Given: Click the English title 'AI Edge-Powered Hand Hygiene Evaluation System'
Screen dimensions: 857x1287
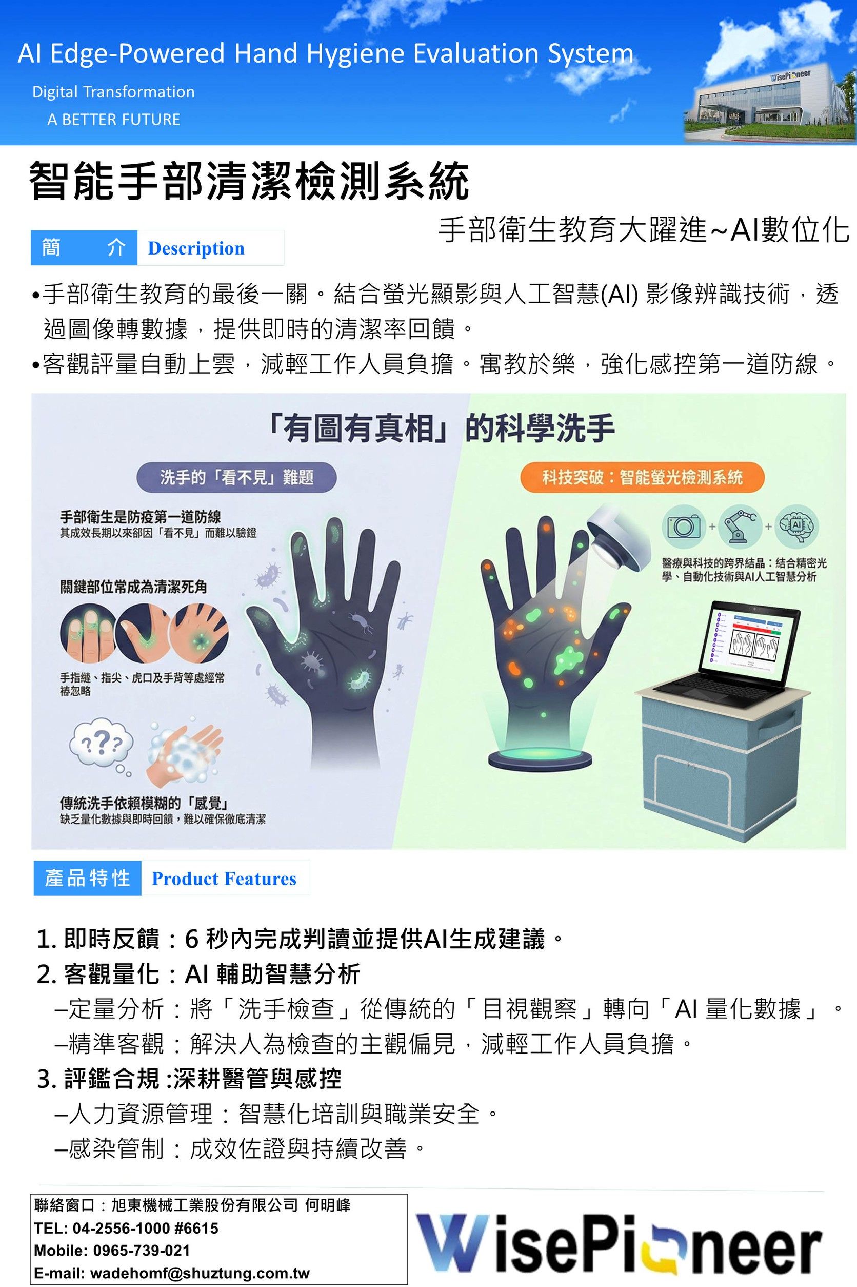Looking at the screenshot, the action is click(326, 54).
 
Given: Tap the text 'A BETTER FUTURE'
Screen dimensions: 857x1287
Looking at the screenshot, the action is click(114, 120).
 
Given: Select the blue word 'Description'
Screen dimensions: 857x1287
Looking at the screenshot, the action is click(196, 248).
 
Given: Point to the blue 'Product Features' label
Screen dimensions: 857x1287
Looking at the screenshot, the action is click(224, 878).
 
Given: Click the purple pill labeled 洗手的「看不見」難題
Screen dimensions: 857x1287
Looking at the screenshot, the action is click(236, 477).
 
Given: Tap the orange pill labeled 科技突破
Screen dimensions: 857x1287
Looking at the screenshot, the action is click(642, 477).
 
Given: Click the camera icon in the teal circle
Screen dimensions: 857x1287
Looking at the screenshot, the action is click(684, 526).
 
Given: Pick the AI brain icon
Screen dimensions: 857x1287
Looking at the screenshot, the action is click(798, 526).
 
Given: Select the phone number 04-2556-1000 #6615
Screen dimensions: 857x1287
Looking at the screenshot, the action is click(145, 1228).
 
